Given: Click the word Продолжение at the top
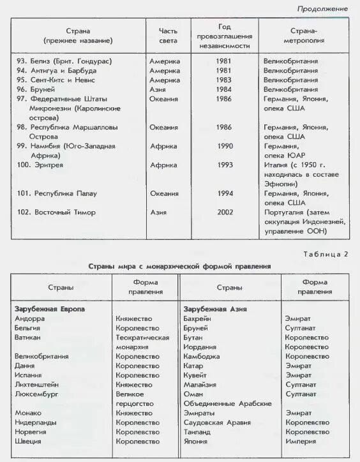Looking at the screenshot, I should coord(322,9).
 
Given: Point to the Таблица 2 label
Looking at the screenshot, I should coord(328,254).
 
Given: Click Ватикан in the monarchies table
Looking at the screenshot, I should coord(27,337).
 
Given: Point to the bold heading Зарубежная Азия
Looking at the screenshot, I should coord(215,309).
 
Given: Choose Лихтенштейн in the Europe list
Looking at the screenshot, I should coord(38,385).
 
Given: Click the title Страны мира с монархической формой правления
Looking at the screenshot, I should coord(179,265).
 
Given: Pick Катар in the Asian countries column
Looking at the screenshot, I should coord(193,366).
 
